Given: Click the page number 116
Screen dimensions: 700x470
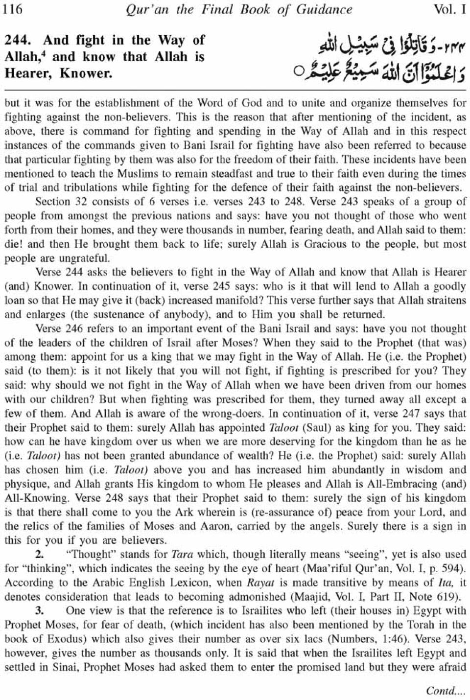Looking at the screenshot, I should (13, 9).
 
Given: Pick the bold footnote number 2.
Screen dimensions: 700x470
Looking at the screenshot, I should (39, 555).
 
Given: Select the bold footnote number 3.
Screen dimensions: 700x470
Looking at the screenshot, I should (39, 610).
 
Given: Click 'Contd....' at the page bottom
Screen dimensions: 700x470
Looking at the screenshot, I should (446, 690).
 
